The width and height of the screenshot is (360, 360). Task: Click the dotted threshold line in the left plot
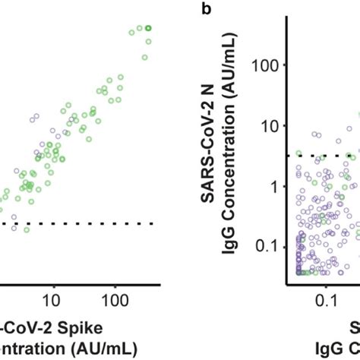pos(76,223)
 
